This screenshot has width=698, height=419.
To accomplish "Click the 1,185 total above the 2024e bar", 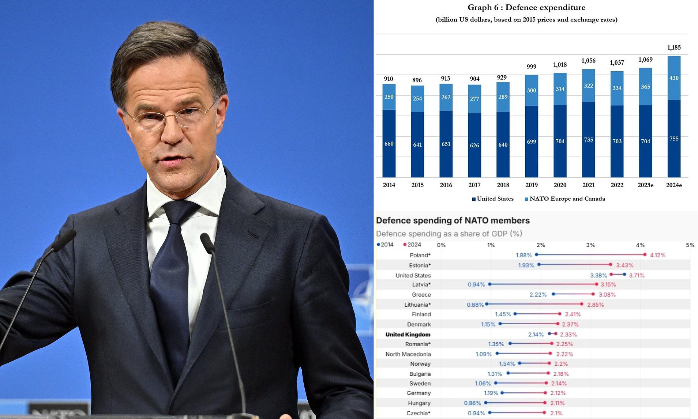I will [x=674, y=48].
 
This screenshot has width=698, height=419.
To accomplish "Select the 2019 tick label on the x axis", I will [x=531, y=185].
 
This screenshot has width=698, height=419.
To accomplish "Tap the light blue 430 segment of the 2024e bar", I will [x=674, y=78].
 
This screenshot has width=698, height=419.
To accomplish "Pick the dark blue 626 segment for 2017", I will [x=474, y=145].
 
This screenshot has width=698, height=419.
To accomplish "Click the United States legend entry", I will [x=492, y=199].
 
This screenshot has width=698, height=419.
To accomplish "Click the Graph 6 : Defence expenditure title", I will [x=526, y=7].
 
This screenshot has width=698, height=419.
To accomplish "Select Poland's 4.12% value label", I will [x=657, y=255].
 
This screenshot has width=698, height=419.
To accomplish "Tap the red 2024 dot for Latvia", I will [x=597, y=284].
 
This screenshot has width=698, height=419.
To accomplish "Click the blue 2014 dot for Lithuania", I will [x=487, y=304].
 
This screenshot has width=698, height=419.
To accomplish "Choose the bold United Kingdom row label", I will [x=408, y=335].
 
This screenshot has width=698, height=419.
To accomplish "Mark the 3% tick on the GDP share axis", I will [x=590, y=245].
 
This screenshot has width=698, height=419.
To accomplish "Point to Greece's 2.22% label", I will [x=538, y=294].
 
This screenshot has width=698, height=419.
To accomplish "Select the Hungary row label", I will [x=419, y=403].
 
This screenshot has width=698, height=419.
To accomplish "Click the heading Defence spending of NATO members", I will [x=453, y=220].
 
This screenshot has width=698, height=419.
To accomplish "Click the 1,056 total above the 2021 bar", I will [x=588, y=61].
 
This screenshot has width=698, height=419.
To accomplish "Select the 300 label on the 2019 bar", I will [x=531, y=90].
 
